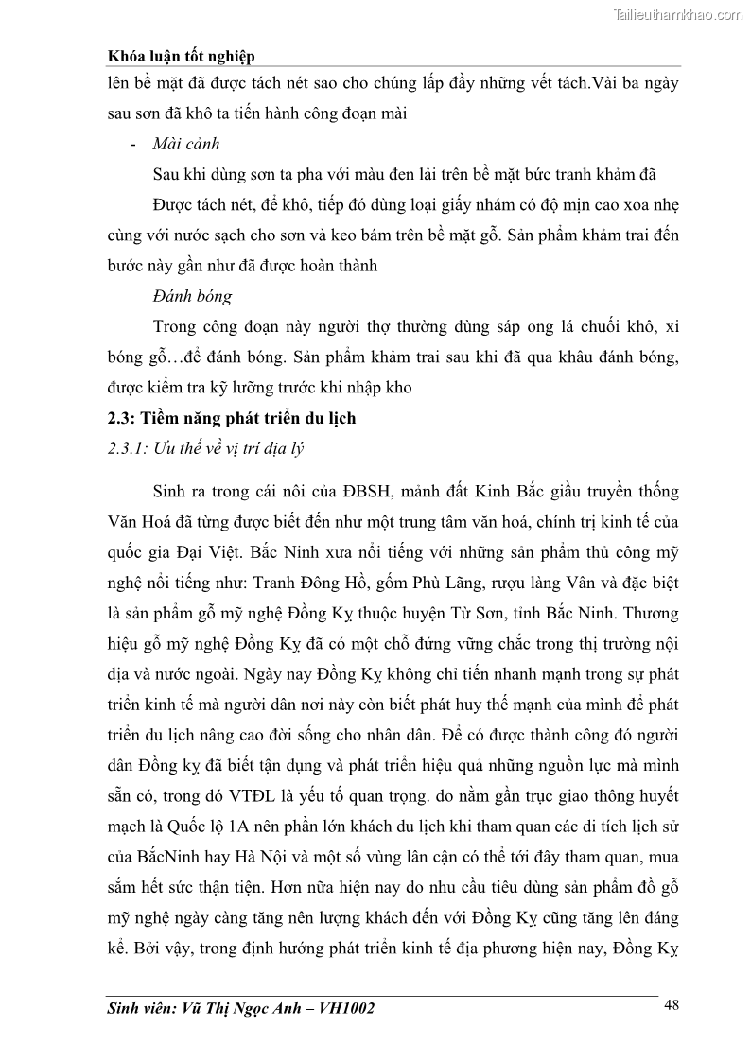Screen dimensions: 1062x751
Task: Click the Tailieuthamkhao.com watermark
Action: [678, 14]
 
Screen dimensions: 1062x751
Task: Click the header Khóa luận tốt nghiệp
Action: [182, 57]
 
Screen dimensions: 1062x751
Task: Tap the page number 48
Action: [672, 1005]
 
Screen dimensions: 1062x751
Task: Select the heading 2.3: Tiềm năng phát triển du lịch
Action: [232, 418]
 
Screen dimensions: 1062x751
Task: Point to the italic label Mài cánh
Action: [185, 145]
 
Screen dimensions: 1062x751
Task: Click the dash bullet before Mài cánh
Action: [132, 145]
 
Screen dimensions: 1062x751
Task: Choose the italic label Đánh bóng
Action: [192, 296]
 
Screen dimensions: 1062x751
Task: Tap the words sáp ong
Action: [492, 327]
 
